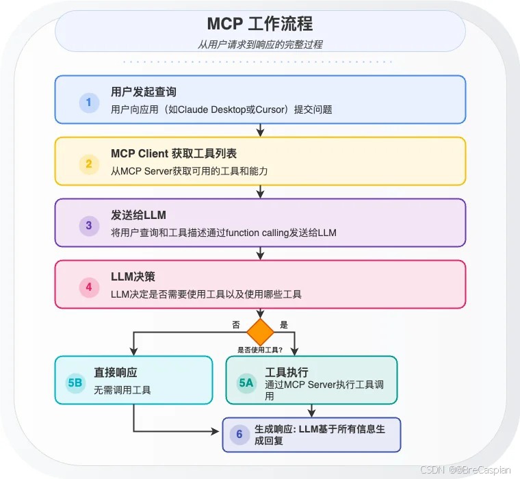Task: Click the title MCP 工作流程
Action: tap(260, 24)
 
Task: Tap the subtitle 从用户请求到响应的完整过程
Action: tap(260, 44)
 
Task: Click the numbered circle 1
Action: tap(88, 103)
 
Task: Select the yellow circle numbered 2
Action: tap(88, 164)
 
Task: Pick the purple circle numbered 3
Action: tap(88, 226)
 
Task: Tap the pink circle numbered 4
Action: tap(88, 287)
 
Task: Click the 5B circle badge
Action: tap(75, 383)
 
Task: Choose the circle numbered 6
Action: tap(239, 435)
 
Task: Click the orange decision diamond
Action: tap(260, 332)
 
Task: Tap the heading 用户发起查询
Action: tap(144, 92)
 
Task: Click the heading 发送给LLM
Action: tap(138, 216)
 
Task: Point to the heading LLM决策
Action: tap(133, 277)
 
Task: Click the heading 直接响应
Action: tap(116, 373)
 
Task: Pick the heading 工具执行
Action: tap(287, 373)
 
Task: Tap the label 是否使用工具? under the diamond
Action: tap(260, 350)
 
